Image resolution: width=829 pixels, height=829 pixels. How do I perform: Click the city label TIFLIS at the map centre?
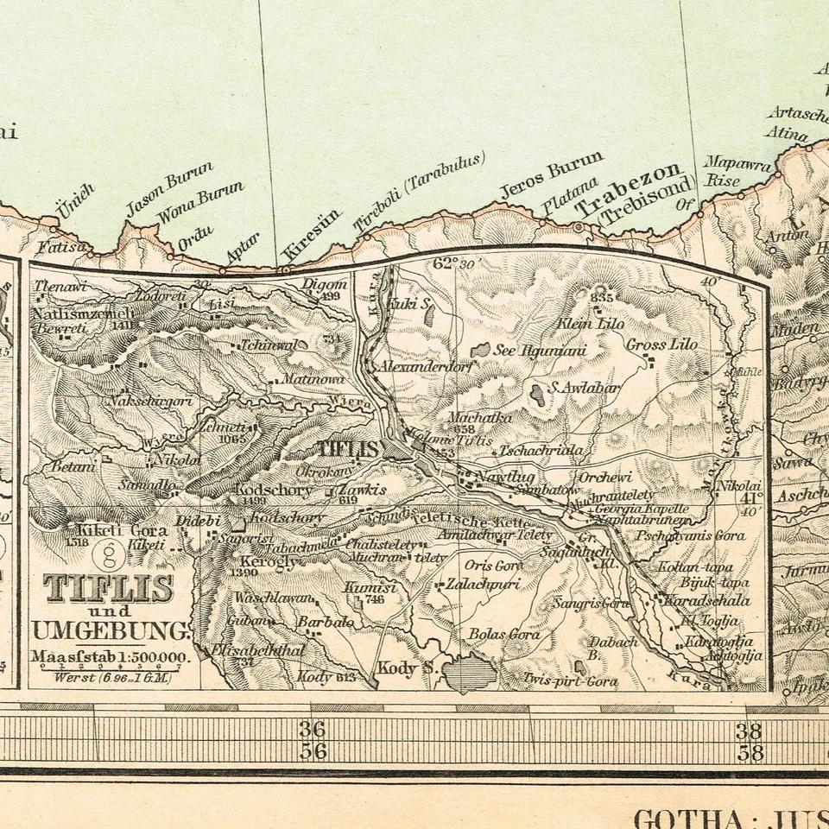point(349,448)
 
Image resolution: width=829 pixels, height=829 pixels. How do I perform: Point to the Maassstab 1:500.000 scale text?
point(109,657)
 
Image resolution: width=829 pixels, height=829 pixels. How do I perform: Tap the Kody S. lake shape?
point(467,672)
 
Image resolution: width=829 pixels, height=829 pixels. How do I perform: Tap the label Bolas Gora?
point(504,635)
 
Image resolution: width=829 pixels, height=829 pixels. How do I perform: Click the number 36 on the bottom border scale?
point(313,728)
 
